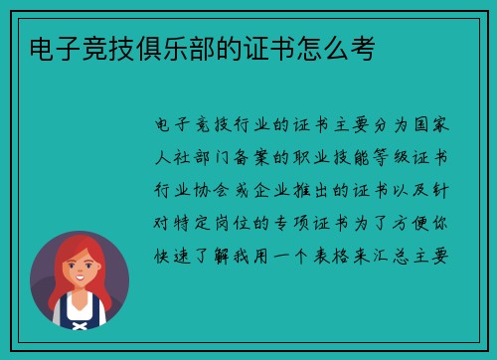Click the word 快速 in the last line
tap(176, 253)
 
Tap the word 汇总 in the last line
tap(400, 253)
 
